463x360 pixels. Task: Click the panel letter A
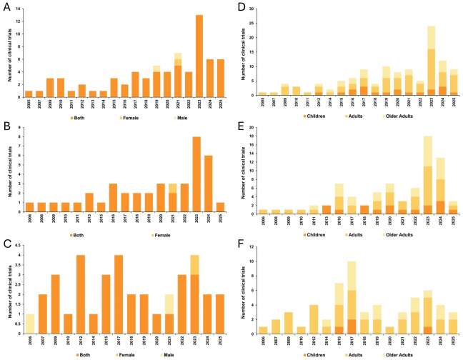[x=6, y=6]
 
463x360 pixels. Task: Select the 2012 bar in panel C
[x=80, y=297]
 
